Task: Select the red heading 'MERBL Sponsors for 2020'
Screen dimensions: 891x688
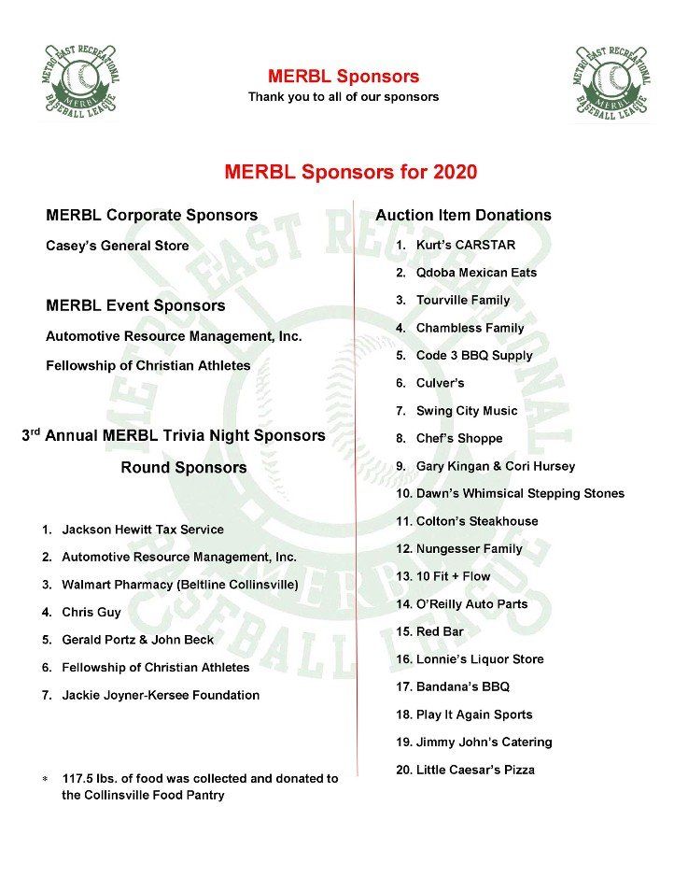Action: tap(350, 173)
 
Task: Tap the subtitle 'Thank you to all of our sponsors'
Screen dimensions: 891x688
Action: tap(343, 97)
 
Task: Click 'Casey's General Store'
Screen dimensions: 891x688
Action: tap(117, 247)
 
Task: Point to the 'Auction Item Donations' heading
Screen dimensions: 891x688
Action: tap(463, 216)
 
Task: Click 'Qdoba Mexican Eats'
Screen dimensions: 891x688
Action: tap(476, 273)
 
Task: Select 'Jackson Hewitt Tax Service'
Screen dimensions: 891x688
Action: tap(143, 530)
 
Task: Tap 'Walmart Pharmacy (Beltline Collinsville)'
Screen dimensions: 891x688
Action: tap(180, 585)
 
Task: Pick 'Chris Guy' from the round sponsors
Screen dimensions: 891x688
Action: tap(91, 613)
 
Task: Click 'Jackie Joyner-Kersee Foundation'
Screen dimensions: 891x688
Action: tap(161, 696)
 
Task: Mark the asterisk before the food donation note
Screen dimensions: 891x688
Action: tap(44, 780)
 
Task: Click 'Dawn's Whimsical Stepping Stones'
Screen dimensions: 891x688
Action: tap(520, 493)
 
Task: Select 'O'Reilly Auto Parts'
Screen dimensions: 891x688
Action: tap(471, 604)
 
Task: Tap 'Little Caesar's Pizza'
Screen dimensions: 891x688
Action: tap(475, 771)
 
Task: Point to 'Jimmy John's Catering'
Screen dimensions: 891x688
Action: tap(484, 742)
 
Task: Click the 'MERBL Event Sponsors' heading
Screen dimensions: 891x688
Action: tap(135, 306)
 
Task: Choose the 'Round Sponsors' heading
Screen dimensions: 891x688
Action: tap(184, 468)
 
